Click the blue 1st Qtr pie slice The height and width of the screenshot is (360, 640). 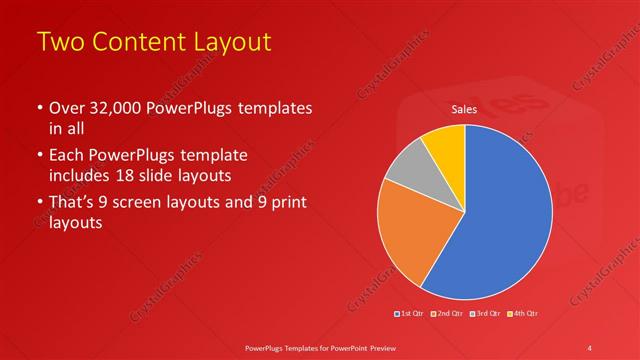coord(500,220)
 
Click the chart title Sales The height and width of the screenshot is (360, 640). coord(464,109)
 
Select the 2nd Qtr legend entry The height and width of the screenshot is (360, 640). coord(448,313)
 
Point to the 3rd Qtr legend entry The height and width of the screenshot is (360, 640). coord(486,313)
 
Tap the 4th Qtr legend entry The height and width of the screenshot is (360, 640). coord(522,313)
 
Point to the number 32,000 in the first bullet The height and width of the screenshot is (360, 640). coord(109,108)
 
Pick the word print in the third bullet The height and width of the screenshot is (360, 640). coord(286,203)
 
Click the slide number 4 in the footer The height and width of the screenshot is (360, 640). coord(590,347)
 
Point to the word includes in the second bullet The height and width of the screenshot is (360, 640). coord(81,177)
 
